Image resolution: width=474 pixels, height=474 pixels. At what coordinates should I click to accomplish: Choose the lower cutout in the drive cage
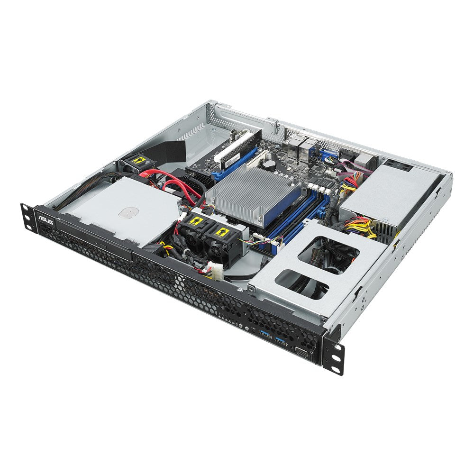click(x=302, y=284)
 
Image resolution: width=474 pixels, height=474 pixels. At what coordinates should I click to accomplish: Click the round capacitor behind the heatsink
click(x=269, y=163)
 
